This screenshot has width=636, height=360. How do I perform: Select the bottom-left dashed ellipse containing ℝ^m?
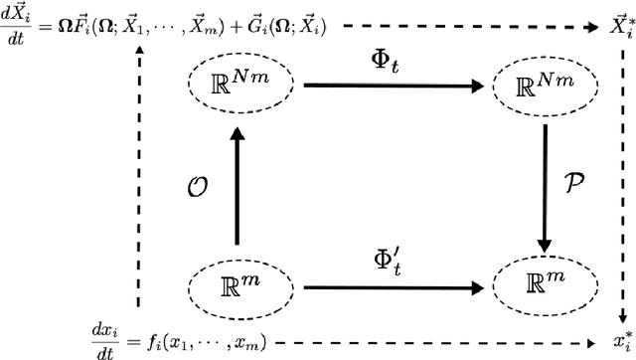237,286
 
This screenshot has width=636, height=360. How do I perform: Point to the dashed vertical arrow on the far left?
139,179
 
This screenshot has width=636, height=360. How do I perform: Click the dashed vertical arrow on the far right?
621,179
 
